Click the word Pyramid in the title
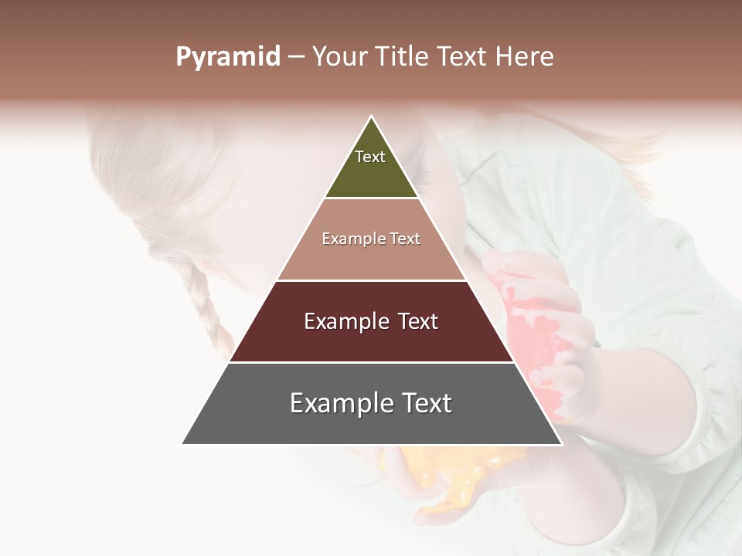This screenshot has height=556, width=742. [x=227, y=57]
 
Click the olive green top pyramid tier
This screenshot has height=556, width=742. [x=371, y=174]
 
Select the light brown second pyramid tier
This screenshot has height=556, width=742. [x=371, y=255]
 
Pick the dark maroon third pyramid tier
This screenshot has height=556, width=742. [x=371, y=340]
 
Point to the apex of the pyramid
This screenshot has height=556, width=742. [x=372, y=117]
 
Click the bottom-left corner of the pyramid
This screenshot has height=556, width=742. [x=184, y=443]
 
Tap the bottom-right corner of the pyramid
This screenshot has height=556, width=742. [x=560, y=443]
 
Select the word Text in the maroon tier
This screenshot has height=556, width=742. [x=414, y=321]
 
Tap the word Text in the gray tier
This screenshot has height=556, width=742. [x=425, y=403]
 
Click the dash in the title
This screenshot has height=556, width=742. [x=296, y=57]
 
